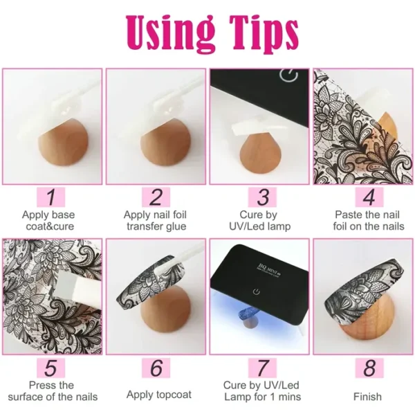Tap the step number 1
(50, 197)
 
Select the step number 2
(156, 197)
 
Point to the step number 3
(263, 197)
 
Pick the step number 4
(369, 197)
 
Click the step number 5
(50, 368)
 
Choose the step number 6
(156, 368)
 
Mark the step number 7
(262, 368)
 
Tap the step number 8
(369, 368)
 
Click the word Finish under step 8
(368, 397)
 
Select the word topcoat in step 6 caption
(174, 395)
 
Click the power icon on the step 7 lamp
(256, 291)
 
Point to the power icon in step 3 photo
(288, 75)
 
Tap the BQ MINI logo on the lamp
(270, 270)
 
